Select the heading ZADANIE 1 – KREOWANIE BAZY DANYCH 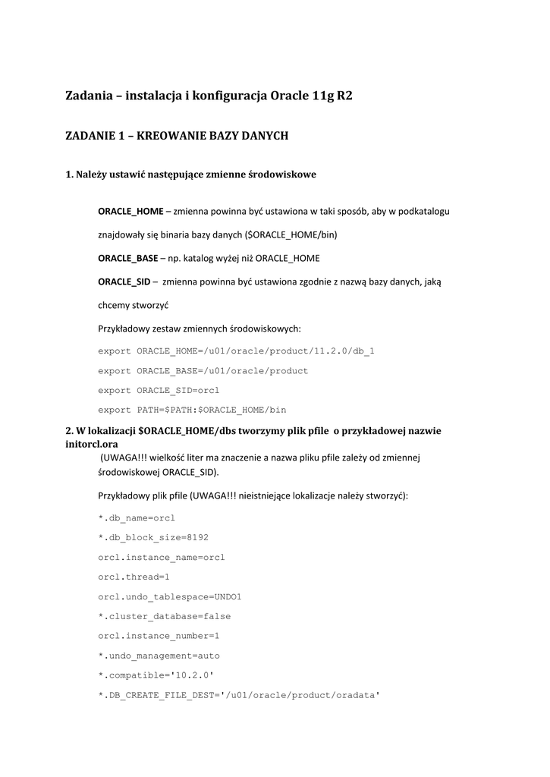[177, 136]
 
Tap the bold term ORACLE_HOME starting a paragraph [130, 211]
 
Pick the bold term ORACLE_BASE [128, 258]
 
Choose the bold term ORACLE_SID [124, 282]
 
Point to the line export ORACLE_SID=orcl [159, 390]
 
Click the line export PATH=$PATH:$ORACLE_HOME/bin [192, 410]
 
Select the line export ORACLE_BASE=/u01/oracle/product [203, 370]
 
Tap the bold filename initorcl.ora [92, 443]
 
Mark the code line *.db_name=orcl [137, 517]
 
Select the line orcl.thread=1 [134, 577]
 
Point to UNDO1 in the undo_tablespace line [228, 596]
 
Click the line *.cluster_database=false [165, 616]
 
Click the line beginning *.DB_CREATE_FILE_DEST [238, 695]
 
